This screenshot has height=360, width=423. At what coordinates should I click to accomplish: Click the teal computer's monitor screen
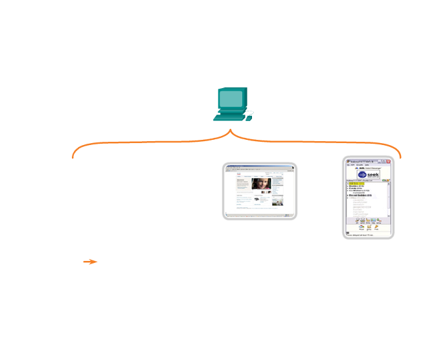click(231, 100)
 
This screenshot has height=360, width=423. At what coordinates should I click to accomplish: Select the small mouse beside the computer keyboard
click(249, 117)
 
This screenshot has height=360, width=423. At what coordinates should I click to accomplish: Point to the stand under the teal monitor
click(231, 112)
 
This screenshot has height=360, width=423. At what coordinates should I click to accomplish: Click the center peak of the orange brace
click(231, 132)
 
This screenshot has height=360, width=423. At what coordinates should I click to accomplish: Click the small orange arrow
click(90, 262)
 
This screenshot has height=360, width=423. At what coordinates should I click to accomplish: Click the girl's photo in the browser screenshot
click(261, 184)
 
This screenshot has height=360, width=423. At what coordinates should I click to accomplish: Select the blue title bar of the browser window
click(259, 167)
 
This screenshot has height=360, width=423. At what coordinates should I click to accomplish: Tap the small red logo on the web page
click(237, 175)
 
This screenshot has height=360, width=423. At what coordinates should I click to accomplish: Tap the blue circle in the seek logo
click(361, 175)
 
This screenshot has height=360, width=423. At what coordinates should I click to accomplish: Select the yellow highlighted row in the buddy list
click(357, 185)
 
